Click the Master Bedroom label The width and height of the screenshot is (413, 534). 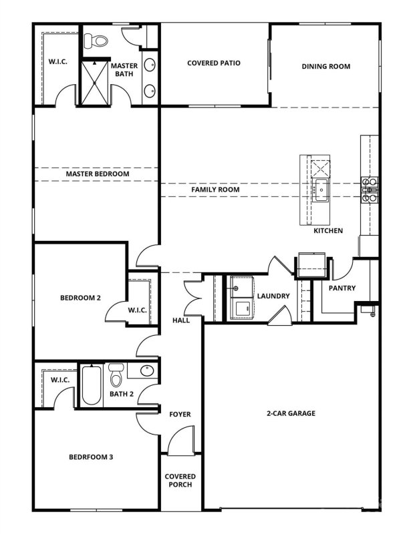[x=97, y=174]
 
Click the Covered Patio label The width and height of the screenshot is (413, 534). [x=213, y=63]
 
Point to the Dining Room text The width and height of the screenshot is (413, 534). [x=325, y=66]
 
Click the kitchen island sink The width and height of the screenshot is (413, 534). [x=321, y=190]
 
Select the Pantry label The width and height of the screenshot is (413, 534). [x=342, y=288]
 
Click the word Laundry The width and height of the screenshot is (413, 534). [x=273, y=296]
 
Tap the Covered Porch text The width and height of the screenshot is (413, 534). [x=179, y=480]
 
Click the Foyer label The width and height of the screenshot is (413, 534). [x=179, y=415]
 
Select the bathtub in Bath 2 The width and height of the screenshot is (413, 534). [x=91, y=385]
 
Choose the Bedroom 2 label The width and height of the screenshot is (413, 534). [x=80, y=298]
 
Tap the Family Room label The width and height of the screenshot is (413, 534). [x=215, y=190]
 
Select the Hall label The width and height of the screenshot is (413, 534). [x=180, y=320]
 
